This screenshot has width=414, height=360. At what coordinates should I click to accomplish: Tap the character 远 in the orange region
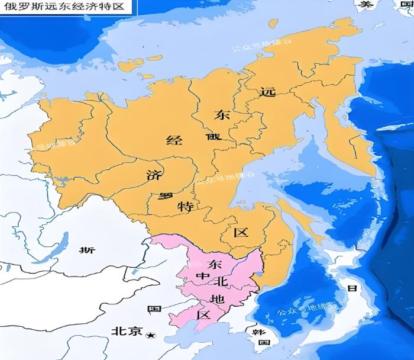click(x=268, y=92)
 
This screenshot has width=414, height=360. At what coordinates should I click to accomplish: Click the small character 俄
click(x=213, y=137)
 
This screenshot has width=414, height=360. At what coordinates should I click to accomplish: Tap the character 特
click(x=185, y=207)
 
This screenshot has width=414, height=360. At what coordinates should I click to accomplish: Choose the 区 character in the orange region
click(x=241, y=232)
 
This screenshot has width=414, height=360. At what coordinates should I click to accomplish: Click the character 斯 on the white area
click(x=88, y=250)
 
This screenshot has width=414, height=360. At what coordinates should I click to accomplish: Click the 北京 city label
click(x=127, y=332)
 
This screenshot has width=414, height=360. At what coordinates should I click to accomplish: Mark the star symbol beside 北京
click(x=150, y=335)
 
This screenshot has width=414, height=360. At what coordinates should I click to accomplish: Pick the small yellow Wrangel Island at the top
click(x=273, y=24)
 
